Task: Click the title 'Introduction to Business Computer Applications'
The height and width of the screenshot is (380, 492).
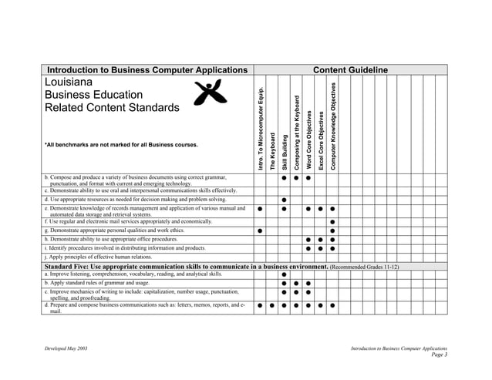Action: (x=147, y=70)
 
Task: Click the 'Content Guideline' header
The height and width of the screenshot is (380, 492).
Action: (x=350, y=70)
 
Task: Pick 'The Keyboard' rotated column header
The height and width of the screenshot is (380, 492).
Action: (x=272, y=151)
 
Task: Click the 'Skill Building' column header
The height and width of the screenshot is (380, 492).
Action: (x=285, y=153)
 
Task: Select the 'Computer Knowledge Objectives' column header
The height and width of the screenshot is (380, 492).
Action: (x=332, y=126)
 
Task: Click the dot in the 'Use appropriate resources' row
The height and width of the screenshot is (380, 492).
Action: (x=285, y=200)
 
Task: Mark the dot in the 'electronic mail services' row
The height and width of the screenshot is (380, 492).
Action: (x=332, y=222)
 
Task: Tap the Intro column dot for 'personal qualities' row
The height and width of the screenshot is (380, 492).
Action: (x=261, y=230)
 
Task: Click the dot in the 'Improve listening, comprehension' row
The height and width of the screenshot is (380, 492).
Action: (x=285, y=274)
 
